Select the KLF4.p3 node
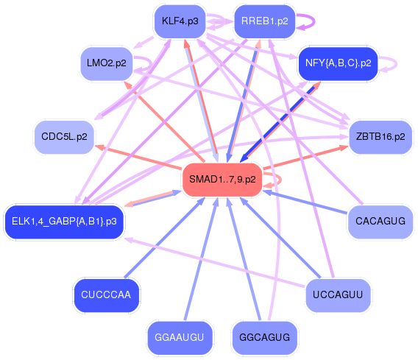[x=180, y=21]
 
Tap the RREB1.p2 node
[x=264, y=21]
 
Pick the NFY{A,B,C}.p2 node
[x=338, y=64]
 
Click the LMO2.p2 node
[x=106, y=64]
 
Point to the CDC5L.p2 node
[x=64, y=137]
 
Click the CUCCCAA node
[x=106, y=295]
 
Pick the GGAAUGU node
[x=180, y=338]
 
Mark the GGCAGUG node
[x=264, y=338]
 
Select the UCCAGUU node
[x=338, y=295]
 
